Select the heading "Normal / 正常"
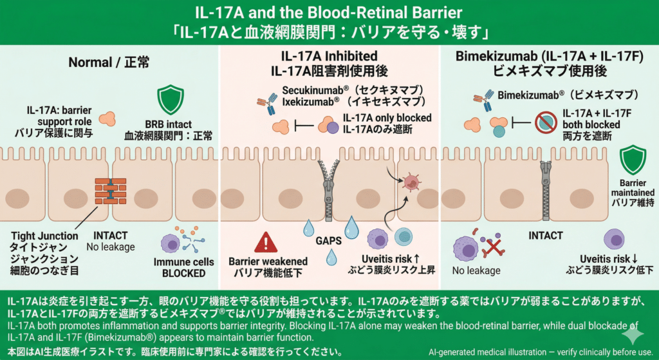[109, 63]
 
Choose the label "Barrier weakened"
[268, 262]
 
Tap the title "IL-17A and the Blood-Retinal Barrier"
[329, 13]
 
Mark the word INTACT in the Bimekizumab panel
[545, 236]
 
